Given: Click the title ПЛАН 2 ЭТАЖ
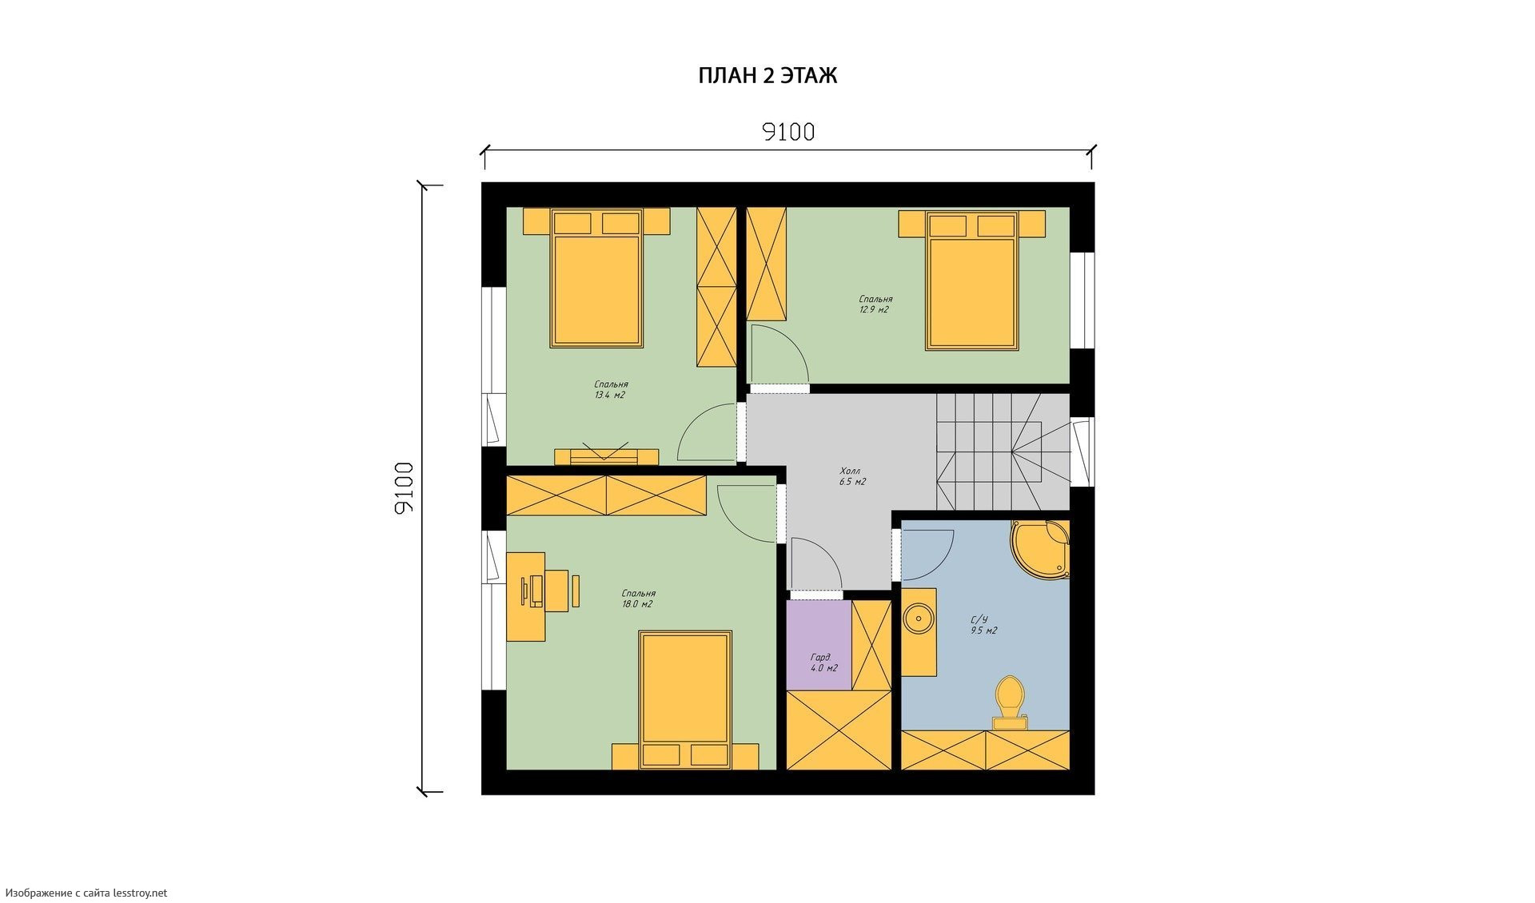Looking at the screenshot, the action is click(x=767, y=76).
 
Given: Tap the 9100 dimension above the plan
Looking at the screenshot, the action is click(x=788, y=132).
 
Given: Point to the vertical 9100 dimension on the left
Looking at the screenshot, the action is click(x=405, y=487).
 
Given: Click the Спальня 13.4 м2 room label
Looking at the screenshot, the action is click(x=611, y=389).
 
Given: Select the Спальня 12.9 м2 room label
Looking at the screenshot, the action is click(x=875, y=304).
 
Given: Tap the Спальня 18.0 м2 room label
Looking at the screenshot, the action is click(x=638, y=599).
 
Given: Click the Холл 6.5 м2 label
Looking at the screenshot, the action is click(x=852, y=476).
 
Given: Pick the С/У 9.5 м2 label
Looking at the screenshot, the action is click(x=983, y=625).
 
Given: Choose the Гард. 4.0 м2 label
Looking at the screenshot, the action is click(x=823, y=662).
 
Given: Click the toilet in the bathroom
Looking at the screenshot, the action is click(x=1011, y=703).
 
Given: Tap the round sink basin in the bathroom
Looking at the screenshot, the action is click(x=919, y=619).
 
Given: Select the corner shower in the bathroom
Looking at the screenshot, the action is click(x=1040, y=549).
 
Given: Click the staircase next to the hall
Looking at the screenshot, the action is click(x=1003, y=451).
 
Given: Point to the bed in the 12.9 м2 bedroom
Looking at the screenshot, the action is click(x=971, y=280).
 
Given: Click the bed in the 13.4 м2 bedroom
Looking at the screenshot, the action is click(x=596, y=278).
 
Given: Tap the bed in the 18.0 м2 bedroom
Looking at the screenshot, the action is click(x=685, y=701).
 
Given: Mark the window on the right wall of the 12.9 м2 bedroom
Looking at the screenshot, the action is click(x=1082, y=300).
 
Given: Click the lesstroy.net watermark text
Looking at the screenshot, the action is click(x=86, y=893).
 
